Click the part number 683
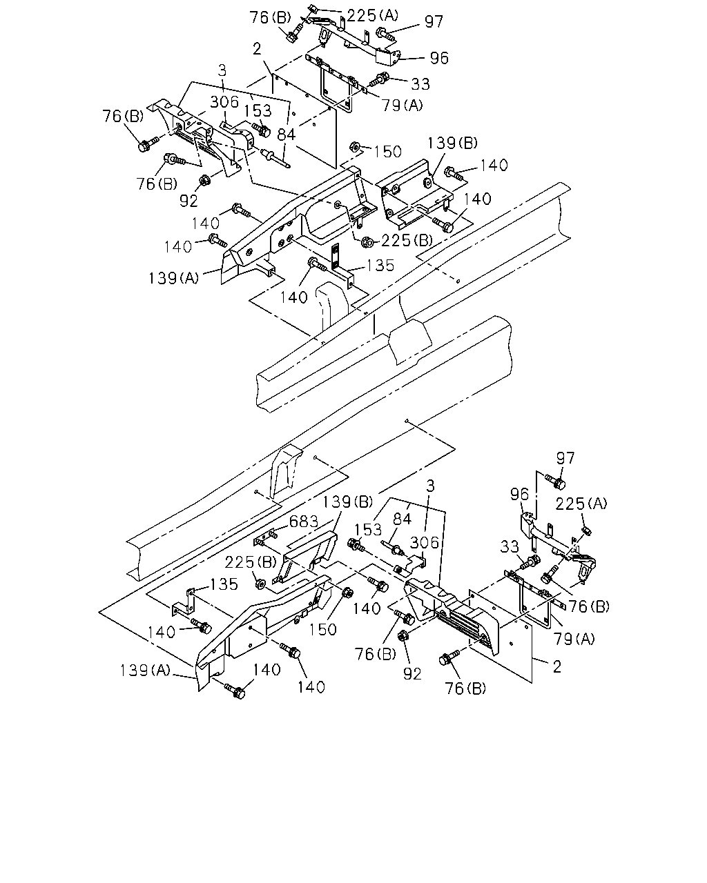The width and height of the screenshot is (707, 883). pos(304,522)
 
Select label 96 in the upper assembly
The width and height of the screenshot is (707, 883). pos(439,58)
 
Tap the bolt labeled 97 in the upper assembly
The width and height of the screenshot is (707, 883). pos(385,34)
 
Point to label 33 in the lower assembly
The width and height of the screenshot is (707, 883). pos(510,546)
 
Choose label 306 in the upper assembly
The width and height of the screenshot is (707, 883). pos(224,101)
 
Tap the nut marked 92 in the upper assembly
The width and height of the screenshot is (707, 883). pos(204,180)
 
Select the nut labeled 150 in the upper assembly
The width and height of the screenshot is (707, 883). pos(354,146)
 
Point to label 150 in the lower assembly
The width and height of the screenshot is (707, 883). pos(322,629)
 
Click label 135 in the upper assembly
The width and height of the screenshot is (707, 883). pos(380,266)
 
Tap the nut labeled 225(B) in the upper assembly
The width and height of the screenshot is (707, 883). pos(366,243)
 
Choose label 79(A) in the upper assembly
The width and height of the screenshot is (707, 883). pos(403,106)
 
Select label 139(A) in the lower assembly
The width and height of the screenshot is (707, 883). pos(144,670)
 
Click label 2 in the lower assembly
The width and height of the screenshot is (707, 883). pos(557,666)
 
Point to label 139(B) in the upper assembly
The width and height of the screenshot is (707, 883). pos(452,143)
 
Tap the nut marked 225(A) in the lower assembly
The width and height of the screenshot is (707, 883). pos(587,531)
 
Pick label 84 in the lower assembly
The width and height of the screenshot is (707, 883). pos(403,519)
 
